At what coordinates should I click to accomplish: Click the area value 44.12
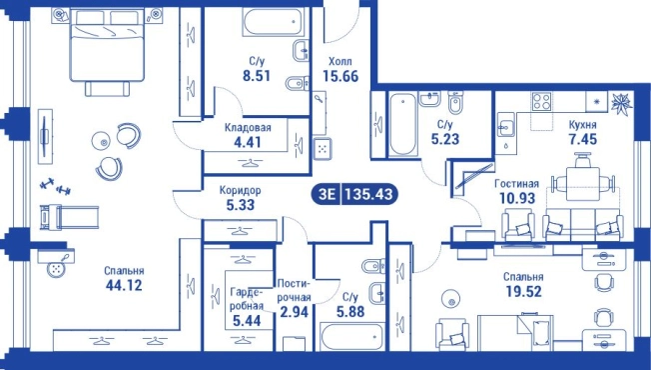(x=124, y=286)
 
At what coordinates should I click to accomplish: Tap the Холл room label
(x=340, y=62)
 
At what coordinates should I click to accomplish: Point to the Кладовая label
(x=248, y=128)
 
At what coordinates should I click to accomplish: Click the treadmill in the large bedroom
(x=69, y=217)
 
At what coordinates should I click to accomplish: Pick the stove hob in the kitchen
(x=542, y=101)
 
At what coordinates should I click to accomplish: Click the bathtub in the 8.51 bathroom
(x=273, y=22)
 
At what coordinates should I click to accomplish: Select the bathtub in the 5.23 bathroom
(x=402, y=123)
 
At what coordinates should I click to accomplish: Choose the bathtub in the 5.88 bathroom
(x=351, y=337)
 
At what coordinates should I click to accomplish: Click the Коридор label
(x=241, y=191)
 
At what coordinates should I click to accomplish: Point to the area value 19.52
(x=523, y=291)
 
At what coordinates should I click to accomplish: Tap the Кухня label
(x=582, y=125)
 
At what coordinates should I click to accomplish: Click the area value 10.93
(x=517, y=198)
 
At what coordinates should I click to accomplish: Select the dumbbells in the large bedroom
(x=56, y=186)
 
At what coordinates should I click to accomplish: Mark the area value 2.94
(x=295, y=311)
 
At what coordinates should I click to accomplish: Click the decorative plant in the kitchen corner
(x=621, y=102)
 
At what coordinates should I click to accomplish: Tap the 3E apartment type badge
(x=326, y=194)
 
